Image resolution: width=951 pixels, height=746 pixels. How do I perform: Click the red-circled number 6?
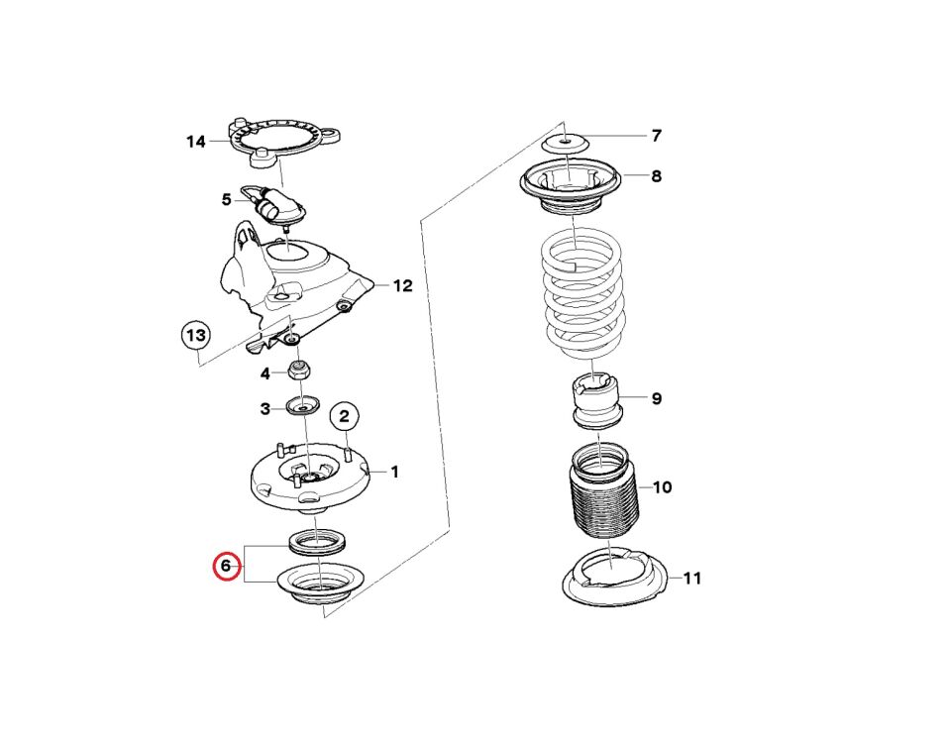[x=226, y=567]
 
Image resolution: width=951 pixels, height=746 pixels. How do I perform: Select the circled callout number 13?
[x=196, y=336]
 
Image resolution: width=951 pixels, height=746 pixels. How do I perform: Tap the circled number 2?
[x=345, y=416]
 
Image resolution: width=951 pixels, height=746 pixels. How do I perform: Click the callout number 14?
[x=196, y=142]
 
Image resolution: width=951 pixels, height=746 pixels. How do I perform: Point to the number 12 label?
[x=403, y=285]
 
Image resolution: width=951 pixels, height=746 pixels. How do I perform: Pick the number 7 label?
[x=656, y=136]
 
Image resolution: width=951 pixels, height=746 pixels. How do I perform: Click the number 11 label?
[x=692, y=578]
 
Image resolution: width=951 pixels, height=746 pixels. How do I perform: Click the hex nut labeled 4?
[x=298, y=370]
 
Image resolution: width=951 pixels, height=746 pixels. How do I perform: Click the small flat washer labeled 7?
[x=566, y=144]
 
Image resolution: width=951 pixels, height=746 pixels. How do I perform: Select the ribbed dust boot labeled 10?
[x=603, y=491]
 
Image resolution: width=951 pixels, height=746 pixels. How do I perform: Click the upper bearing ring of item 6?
[x=317, y=541]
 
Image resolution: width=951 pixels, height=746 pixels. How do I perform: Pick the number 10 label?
[x=663, y=487]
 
